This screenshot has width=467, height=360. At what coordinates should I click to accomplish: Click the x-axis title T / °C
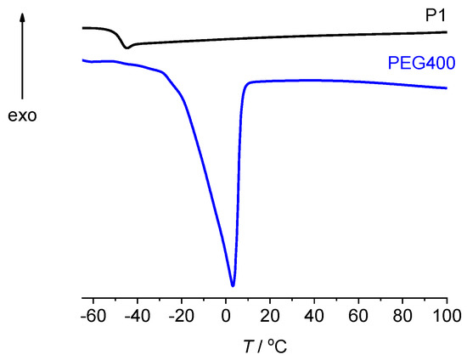point(265,345)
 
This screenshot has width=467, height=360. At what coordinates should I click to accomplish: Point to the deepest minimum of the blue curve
point(233,285)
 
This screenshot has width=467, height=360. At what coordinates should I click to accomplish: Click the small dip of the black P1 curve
point(127,48)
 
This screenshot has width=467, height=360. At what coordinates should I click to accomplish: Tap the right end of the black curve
point(447,32)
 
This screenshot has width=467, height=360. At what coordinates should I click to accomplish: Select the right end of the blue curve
point(447,88)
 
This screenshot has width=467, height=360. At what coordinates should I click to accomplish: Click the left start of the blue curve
point(82,60)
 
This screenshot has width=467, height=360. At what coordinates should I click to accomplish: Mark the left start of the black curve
point(82,28)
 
